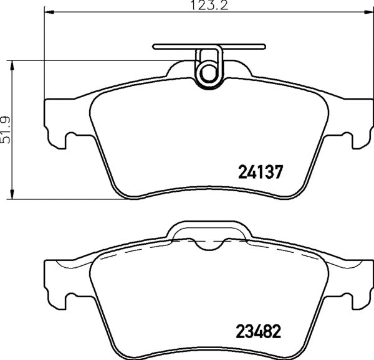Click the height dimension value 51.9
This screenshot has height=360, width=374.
7,130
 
